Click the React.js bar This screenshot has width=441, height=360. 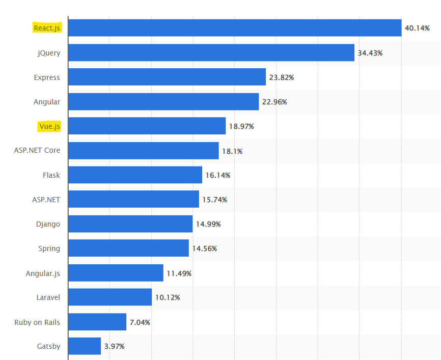pos(235,28)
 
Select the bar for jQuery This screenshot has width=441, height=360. pos(211,52)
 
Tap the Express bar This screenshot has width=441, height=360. pos(167,77)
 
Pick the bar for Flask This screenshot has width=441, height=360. pos(135,175)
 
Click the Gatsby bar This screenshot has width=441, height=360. pos(85,346)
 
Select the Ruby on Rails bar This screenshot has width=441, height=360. pos(97,322)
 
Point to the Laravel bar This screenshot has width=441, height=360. pos(110,297)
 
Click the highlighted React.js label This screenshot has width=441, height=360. pos(47,28)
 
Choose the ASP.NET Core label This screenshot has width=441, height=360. pos(37,150)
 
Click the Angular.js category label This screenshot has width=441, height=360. pos(43,273)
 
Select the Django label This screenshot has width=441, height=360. pos(48,224)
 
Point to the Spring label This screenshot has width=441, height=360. pos(49,248)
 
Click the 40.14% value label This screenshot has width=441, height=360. pos(417,28)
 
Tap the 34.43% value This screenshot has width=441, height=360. pos(370,52)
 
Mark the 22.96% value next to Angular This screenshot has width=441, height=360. pos(274,102)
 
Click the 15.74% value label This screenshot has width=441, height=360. pos(214,200)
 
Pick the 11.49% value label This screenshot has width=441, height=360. pos(179,273)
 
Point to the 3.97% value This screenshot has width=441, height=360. pos(114,346)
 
